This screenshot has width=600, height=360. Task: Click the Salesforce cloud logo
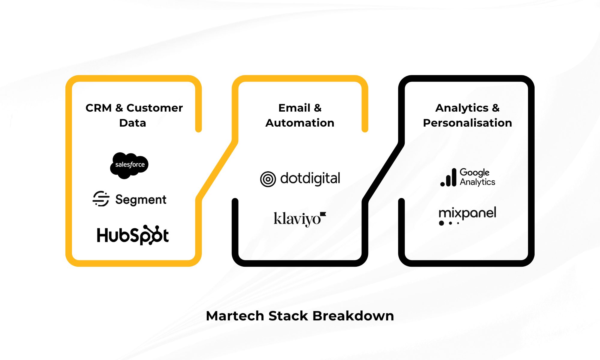(x=129, y=165)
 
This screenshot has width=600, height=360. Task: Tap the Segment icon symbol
(x=101, y=199)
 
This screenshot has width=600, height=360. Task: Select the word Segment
(x=141, y=199)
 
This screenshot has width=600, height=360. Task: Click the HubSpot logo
(x=133, y=235)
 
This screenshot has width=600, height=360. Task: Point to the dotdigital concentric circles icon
(x=268, y=179)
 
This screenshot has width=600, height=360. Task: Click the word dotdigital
(x=310, y=178)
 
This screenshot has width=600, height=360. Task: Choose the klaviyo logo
(x=297, y=218)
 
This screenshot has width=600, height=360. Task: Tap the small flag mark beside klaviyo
(x=323, y=214)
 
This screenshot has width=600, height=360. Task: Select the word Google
(x=475, y=172)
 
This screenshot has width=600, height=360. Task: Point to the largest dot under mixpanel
(x=441, y=223)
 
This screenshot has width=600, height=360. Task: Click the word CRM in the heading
(x=98, y=108)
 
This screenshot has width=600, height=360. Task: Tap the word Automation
(x=300, y=123)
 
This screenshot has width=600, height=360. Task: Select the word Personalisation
(x=467, y=123)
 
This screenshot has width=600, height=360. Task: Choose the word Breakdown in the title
(x=353, y=316)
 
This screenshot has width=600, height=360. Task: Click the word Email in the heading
(x=294, y=108)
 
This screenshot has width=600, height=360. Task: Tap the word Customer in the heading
(x=154, y=108)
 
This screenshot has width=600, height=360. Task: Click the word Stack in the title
(x=288, y=316)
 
